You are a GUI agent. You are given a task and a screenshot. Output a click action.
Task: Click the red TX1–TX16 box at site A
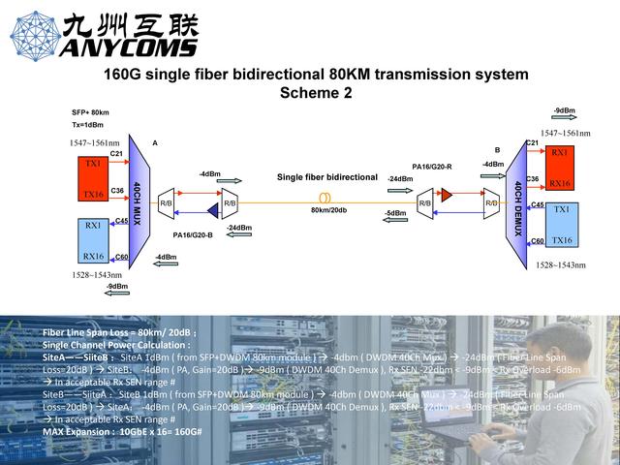(x=93, y=179)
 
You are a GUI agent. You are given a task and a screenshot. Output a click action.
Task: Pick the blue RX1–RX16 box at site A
(x=93, y=240)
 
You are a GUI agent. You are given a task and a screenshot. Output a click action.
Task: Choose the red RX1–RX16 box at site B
(x=560, y=169)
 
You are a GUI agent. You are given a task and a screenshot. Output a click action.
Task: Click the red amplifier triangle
(x=448, y=196)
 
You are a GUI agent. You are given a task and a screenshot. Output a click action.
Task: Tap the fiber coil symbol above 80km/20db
(x=325, y=197)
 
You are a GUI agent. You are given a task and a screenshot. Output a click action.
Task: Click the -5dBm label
(x=395, y=213)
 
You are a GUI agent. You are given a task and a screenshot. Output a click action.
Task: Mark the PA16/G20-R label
(x=432, y=167)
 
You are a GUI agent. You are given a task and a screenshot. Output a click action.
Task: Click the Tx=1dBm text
(x=87, y=125)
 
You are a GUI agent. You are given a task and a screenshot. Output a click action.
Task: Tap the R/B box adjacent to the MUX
(x=167, y=203)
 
